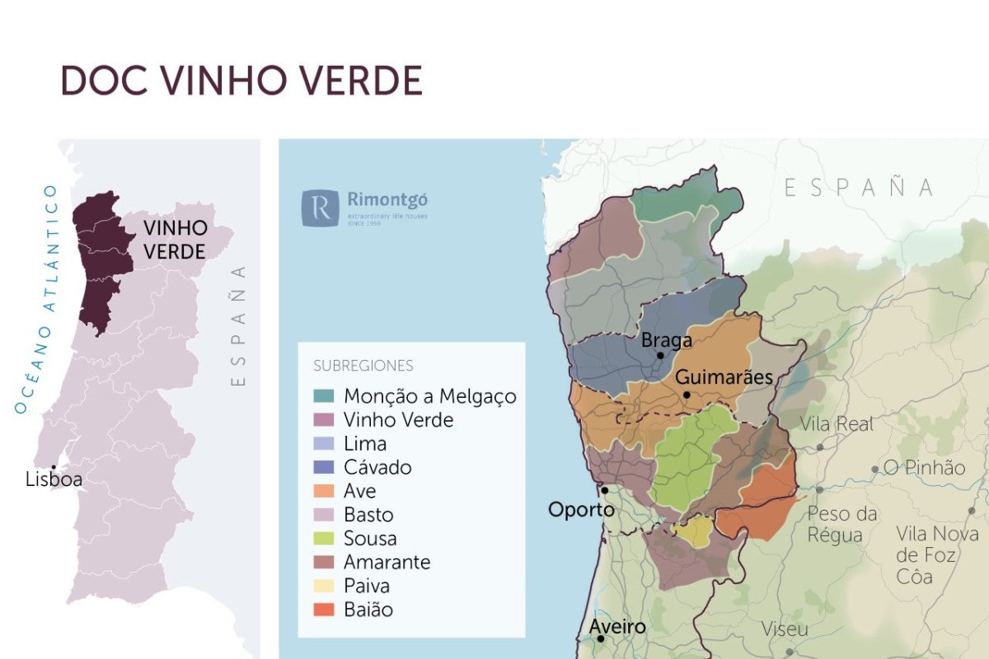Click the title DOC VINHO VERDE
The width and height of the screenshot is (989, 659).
tap(241, 81)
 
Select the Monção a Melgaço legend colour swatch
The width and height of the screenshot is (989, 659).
tap(324, 396)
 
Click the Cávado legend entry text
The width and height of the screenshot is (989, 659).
tap(377, 467)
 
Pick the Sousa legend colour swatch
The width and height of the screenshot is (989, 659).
tap(324, 539)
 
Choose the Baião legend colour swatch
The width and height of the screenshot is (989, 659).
tap(324, 610)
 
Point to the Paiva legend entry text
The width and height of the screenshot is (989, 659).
tap(367, 587)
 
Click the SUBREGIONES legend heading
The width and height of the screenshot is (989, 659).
tap(363, 366)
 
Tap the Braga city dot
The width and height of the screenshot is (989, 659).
tap(660, 356)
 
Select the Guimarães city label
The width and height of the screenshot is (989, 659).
tap(724, 378)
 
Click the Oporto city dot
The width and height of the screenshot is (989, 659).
tap(604, 490)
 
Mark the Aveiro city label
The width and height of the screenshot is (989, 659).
tap(616, 628)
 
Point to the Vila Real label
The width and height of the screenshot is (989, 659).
tap(836, 425)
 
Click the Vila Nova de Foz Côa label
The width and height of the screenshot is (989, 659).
tap(937, 554)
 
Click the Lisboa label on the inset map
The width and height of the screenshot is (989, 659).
tap(54, 479)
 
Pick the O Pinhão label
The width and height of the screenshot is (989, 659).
tap(924, 468)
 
